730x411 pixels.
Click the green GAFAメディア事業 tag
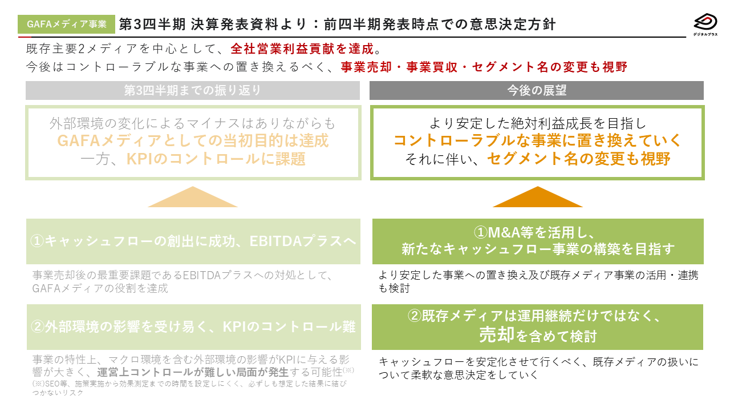tap(67, 24)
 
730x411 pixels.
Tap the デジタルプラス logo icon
tap(705, 22)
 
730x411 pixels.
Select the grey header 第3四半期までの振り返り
tap(193, 90)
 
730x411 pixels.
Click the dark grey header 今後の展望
tap(537, 90)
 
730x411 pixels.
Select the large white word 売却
tap(497, 336)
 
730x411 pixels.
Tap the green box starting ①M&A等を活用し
tap(537, 241)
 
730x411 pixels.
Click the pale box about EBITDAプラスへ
tap(193, 241)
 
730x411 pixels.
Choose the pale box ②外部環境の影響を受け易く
tap(193, 327)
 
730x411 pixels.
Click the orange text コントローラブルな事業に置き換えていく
tap(537, 140)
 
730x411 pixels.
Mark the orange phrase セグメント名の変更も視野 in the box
tap(578, 159)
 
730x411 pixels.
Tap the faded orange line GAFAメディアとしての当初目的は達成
tap(193, 140)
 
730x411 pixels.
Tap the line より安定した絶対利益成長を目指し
tap(537, 123)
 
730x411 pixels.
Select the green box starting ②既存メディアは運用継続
tap(537, 327)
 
